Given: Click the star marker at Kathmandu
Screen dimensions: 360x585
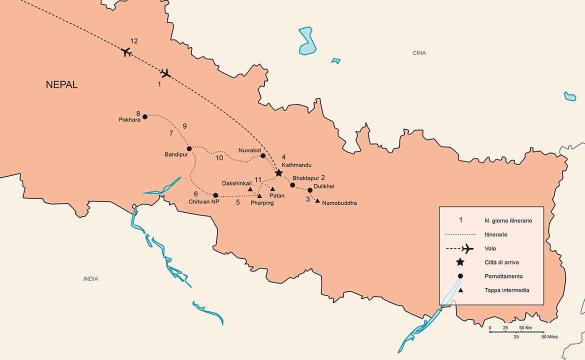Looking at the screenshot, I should [278, 173].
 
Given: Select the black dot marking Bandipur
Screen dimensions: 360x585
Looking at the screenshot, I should [189, 148].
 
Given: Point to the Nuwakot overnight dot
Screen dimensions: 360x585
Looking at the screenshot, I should [263, 156].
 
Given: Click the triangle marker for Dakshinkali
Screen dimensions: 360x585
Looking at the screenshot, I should [250, 189].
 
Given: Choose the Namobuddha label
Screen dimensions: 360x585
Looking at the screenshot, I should [339, 203].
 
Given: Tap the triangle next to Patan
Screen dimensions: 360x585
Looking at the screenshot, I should [272, 188].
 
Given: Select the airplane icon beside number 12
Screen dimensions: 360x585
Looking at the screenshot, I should [126, 51].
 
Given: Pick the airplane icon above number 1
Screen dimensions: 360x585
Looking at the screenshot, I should [165, 73].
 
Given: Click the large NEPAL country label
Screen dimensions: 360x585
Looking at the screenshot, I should [62, 84].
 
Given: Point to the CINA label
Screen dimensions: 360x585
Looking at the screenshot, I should [419, 53].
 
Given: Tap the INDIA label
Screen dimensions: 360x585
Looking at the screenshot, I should [90, 279].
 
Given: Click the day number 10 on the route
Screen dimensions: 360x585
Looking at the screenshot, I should [219, 158].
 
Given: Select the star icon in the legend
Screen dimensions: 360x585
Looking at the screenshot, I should [460, 262].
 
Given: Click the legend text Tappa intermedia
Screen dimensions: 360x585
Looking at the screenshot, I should [506, 290].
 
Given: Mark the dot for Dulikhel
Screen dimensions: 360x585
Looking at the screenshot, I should [310, 190].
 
